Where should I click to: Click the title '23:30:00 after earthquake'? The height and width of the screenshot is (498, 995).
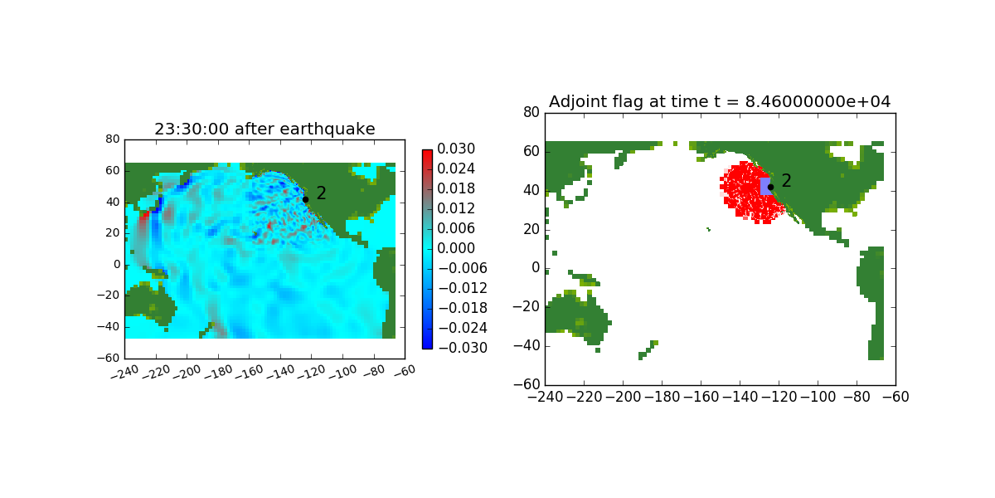[x=265, y=129]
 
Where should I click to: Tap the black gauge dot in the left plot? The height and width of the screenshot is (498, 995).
[x=306, y=200]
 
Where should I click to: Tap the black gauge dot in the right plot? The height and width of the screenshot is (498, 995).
[x=770, y=188]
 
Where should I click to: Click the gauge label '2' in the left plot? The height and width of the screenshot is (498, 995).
[x=321, y=193]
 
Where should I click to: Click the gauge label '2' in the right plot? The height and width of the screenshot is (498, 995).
[x=786, y=181]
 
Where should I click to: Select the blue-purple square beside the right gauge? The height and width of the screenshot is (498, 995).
[x=765, y=186]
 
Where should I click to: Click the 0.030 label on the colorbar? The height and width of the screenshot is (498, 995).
[x=456, y=149]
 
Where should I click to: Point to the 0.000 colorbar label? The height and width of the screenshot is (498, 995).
[x=456, y=248]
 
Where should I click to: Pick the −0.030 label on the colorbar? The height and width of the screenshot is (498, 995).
[x=463, y=348]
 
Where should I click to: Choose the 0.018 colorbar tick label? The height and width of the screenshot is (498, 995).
[x=456, y=188]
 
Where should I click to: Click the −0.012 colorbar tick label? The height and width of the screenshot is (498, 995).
[x=463, y=288]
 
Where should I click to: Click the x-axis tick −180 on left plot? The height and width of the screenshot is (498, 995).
[x=219, y=372]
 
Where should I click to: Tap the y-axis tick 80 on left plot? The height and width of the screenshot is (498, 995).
[x=113, y=139]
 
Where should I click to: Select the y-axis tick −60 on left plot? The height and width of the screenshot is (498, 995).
[x=109, y=358]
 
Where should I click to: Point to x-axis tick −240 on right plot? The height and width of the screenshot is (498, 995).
[x=545, y=397]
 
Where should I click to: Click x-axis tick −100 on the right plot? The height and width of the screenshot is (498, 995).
[x=818, y=397]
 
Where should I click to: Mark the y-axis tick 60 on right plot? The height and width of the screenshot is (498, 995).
[x=531, y=152]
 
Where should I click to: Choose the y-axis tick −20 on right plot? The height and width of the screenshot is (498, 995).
[x=527, y=307]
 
